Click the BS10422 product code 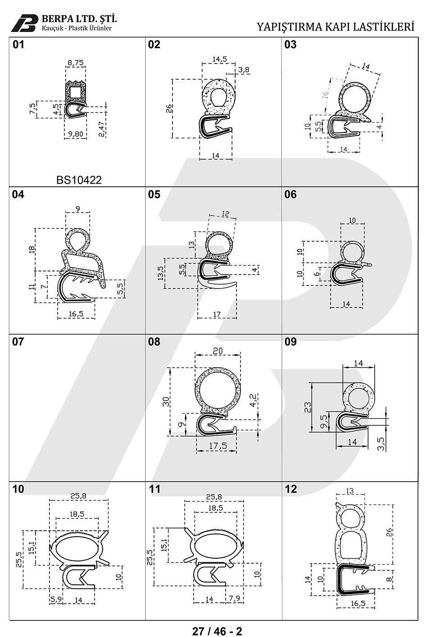[x=79, y=180]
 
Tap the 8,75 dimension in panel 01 [x=76, y=63]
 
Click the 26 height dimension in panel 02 [x=169, y=108]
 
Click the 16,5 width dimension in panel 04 [x=76, y=314]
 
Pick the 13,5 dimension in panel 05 [x=161, y=273]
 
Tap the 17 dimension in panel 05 [x=217, y=315]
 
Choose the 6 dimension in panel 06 [x=317, y=274]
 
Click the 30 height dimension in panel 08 [x=166, y=401]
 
